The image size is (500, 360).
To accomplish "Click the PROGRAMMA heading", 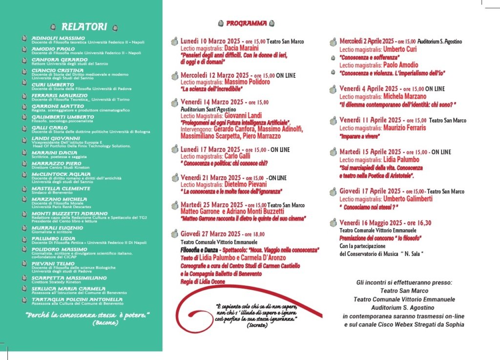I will point(246,22).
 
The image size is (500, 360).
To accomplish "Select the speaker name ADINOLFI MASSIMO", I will point(58,38).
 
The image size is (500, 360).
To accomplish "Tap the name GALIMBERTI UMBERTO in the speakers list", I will point(62,117).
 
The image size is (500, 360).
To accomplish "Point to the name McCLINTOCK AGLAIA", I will point(61,174).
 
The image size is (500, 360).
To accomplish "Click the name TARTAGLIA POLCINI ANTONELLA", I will point(77,299).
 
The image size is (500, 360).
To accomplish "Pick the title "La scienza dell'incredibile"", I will point(212,89).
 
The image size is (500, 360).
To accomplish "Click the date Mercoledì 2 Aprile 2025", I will point(367,42).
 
